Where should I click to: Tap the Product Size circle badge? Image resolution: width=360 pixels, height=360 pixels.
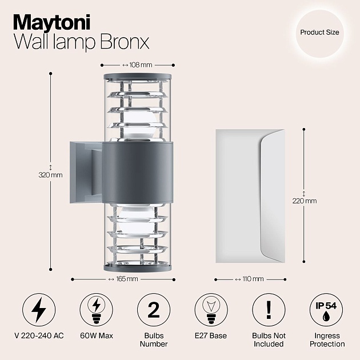pos(319,33)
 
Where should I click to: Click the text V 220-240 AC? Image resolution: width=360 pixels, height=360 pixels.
pos(39,336)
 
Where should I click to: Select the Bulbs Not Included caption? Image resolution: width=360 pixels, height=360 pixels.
pos(268,340)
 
